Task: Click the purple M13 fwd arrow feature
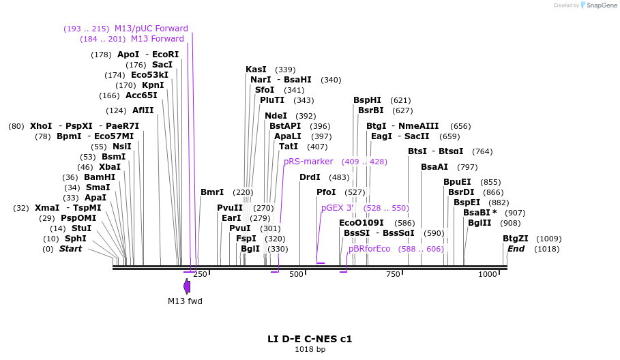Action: [187, 286]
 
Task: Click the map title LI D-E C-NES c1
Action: [310, 338]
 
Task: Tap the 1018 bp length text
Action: [310, 349]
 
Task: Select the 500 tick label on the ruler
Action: [296, 274]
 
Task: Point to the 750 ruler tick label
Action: [393, 274]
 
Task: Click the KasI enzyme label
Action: [256, 70]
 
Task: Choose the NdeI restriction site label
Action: [276, 116]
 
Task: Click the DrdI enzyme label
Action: [310, 177]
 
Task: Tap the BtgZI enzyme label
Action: [515, 239]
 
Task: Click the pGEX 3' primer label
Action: [338, 208]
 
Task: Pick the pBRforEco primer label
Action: [369, 249]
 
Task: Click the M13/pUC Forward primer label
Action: [151, 29]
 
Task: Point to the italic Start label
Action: [70, 249]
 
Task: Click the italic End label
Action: [516, 249]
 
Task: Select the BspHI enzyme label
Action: [367, 100]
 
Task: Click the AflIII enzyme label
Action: [143, 110]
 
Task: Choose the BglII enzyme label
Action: [479, 223]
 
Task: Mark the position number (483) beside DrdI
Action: [339, 177]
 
